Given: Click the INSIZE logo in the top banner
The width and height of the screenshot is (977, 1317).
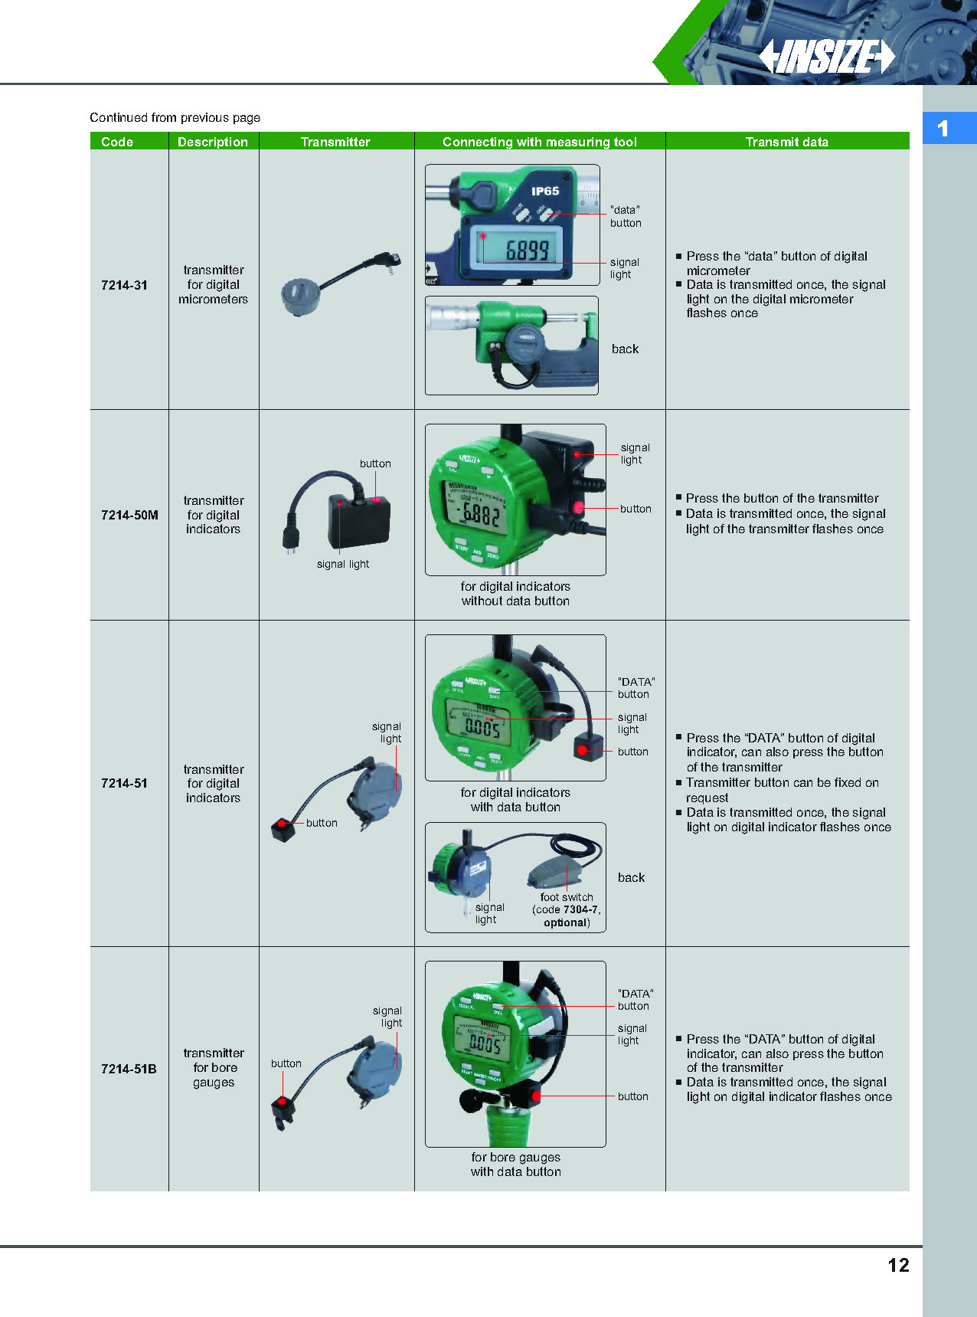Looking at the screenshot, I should [827, 56].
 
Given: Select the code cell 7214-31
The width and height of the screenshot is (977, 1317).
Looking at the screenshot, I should [124, 285].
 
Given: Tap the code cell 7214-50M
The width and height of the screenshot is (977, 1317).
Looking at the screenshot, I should [129, 515].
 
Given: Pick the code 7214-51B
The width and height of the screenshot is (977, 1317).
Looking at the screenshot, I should [129, 1069].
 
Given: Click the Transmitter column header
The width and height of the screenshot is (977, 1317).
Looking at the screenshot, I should [335, 142].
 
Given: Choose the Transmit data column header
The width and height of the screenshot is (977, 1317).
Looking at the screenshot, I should [786, 142].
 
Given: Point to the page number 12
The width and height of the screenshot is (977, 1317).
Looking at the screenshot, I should [898, 1265].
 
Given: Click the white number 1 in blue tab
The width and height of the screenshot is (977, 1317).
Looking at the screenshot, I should [943, 129].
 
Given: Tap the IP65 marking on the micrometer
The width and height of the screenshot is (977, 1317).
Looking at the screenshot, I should [545, 191].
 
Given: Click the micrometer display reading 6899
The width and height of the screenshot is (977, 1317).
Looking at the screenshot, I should [526, 250].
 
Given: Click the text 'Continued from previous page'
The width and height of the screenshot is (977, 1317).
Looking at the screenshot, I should [175, 117].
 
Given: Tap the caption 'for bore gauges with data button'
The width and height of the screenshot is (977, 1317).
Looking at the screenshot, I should [515, 1164].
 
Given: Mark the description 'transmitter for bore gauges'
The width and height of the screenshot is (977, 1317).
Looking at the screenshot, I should [214, 1067].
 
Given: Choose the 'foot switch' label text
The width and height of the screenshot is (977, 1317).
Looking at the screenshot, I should [567, 896].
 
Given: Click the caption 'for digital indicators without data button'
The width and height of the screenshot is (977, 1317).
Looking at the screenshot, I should [515, 594].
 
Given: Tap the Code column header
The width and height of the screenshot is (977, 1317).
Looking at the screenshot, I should [117, 142].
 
